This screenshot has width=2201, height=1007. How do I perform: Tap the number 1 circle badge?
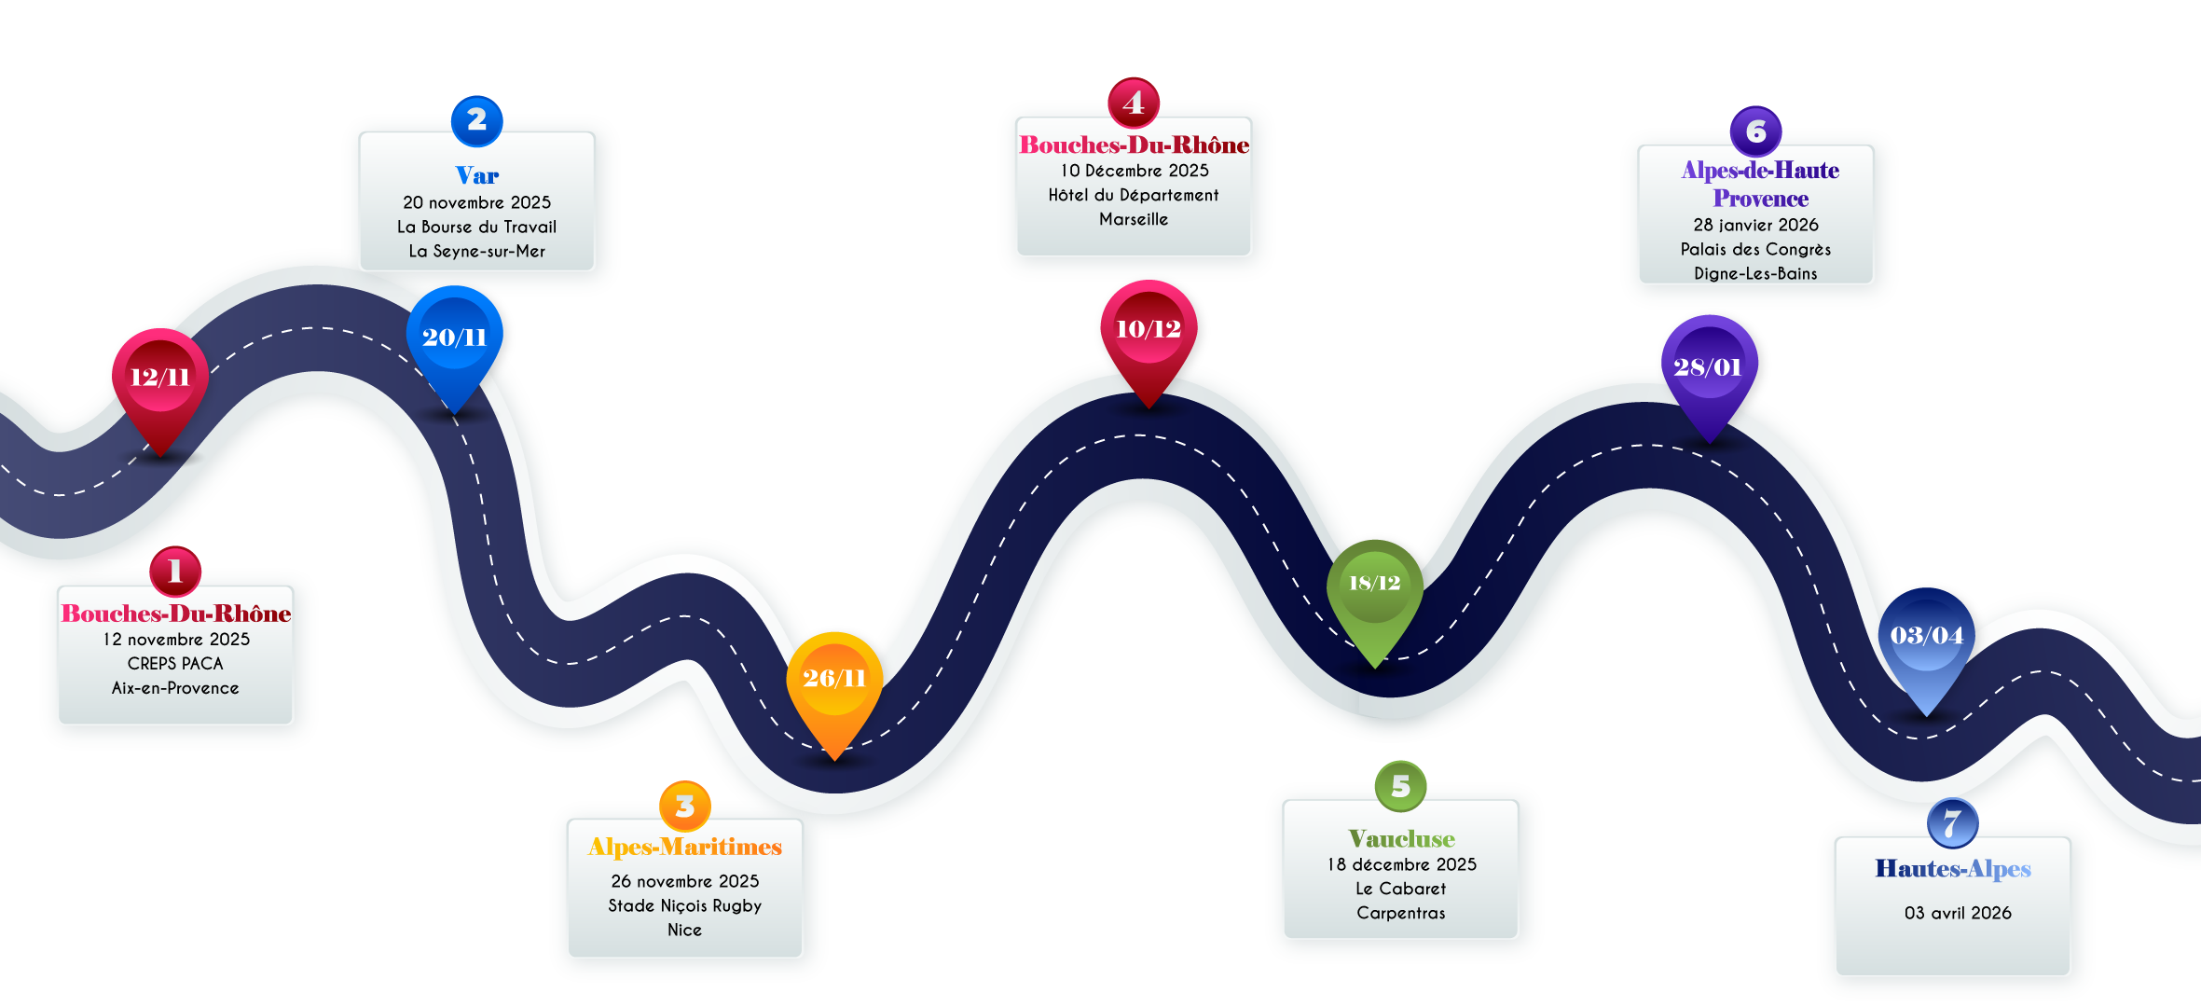click(175, 571)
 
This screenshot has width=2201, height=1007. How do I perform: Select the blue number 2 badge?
click(476, 120)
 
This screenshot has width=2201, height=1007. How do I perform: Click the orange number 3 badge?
click(685, 806)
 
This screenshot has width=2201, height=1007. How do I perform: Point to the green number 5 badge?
click(1400, 786)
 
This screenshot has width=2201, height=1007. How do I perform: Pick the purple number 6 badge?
click(1755, 131)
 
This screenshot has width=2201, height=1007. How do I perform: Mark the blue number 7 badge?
click(1952, 823)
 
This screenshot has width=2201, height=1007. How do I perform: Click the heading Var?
click(476, 175)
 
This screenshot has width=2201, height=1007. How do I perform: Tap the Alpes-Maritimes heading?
click(684, 847)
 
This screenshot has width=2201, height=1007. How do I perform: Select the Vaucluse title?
click(1401, 838)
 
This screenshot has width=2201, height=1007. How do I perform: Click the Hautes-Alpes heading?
click(1953, 869)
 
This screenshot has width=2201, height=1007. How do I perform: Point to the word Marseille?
click(1134, 219)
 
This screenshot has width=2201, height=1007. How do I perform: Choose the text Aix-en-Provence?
click(175, 688)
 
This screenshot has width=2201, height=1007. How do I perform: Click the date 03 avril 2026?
click(1958, 913)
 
